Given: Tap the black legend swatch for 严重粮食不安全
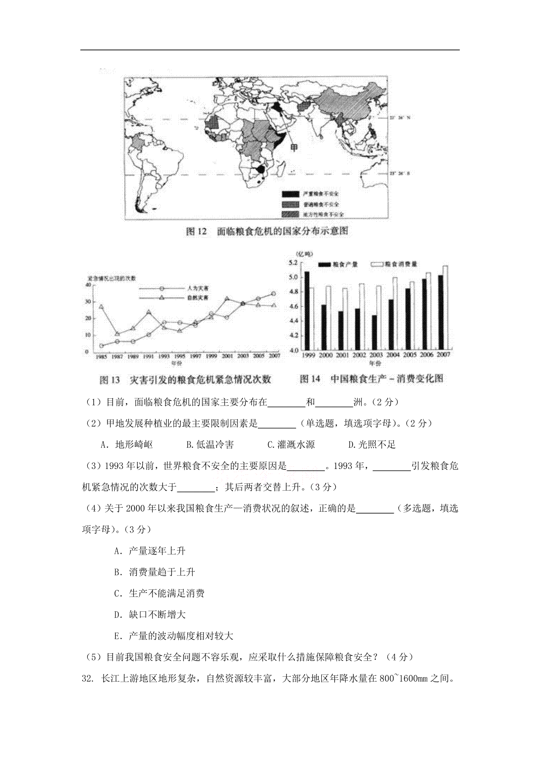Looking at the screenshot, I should [290, 194].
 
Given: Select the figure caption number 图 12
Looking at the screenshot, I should [197, 232].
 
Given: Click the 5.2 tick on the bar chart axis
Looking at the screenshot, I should [293, 262].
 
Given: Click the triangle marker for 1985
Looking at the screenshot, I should [102, 306].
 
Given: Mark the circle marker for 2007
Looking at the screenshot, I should [273, 294].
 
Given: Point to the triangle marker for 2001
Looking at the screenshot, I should [227, 299].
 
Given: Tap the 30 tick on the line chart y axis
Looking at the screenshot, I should [88, 301].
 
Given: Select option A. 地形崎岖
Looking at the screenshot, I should [127, 445].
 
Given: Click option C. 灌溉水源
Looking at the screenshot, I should [291, 445].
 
